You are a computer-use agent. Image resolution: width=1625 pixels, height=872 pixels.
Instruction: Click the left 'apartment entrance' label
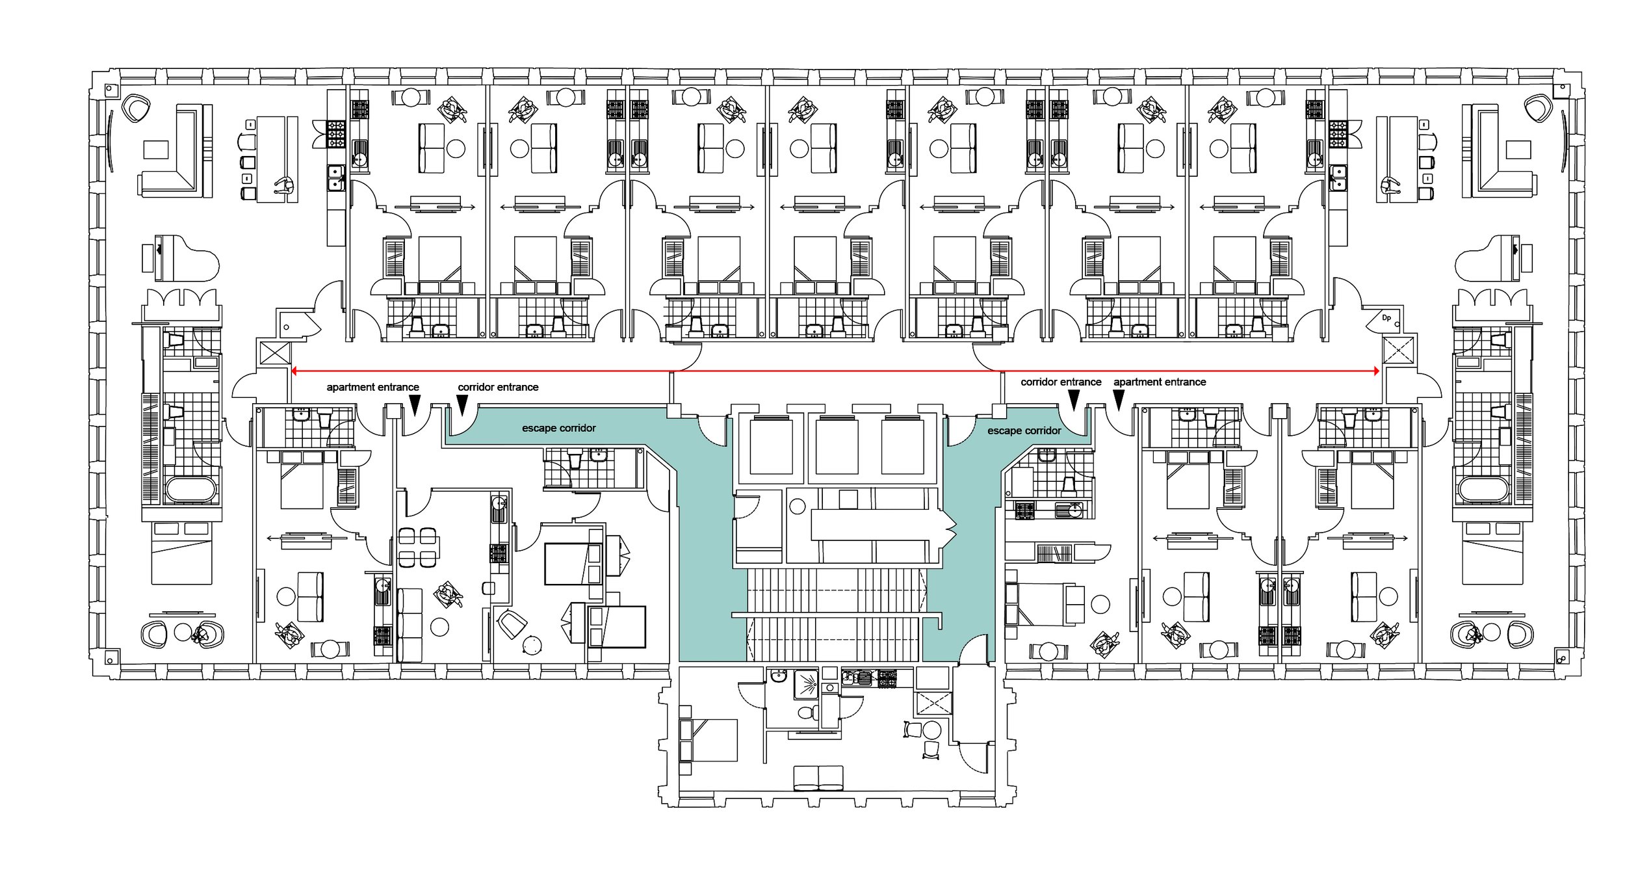pyautogui.click(x=372, y=387)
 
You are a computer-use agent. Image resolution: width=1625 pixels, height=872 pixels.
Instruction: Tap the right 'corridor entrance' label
pyautogui.click(x=1061, y=382)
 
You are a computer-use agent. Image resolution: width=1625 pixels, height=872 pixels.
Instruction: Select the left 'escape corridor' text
pyautogui.click(x=558, y=428)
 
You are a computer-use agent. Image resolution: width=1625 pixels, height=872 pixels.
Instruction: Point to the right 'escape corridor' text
pyautogui.click(x=1024, y=430)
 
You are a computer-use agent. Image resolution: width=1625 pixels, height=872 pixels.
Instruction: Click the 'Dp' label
pyautogui.click(x=1386, y=318)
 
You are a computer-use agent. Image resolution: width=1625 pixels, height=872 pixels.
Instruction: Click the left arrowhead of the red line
pyautogui.click(x=294, y=371)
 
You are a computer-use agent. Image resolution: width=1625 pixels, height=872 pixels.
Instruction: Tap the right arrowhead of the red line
pyautogui.click(x=1376, y=371)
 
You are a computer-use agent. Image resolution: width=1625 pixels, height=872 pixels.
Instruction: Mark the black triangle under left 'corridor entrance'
pyautogui.click(x=462, y=405)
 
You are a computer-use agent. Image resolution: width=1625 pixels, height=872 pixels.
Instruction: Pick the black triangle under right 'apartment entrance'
pyautogui.click(x=1119, y=400)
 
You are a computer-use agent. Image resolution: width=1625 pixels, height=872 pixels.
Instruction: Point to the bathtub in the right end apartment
pyautogui.click(x=1484, y=490)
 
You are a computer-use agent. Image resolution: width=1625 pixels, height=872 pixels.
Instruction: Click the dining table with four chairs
pyautogui.click(x=417, y=547)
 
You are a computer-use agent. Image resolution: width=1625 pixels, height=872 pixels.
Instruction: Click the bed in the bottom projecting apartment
pyautogui.click(x=708, y=739)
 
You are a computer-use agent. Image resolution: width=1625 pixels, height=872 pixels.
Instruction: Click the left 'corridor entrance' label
pyautogui.click(x=498, y=387)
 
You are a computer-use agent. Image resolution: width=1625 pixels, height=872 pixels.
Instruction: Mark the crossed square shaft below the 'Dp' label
pyautogui.click(x=1397, y=350)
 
